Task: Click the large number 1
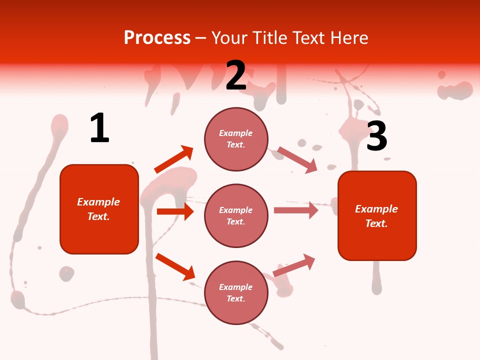click(99, 128)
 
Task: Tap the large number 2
click(236, 75)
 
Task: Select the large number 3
click(376, 136)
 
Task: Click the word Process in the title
click(157, 37)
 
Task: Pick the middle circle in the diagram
click(236, 216)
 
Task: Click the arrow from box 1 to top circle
click(174, 159)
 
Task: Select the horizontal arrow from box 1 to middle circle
click(175, 211)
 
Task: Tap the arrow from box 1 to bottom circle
click(175, 266)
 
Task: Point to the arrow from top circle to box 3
click(297, 159)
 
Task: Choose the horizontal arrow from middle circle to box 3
click(295, 210)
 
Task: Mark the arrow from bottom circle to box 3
click(294, 265)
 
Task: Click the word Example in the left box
click(98, 202)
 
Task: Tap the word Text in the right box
click(376, 223)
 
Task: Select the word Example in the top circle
click(236, 133)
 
